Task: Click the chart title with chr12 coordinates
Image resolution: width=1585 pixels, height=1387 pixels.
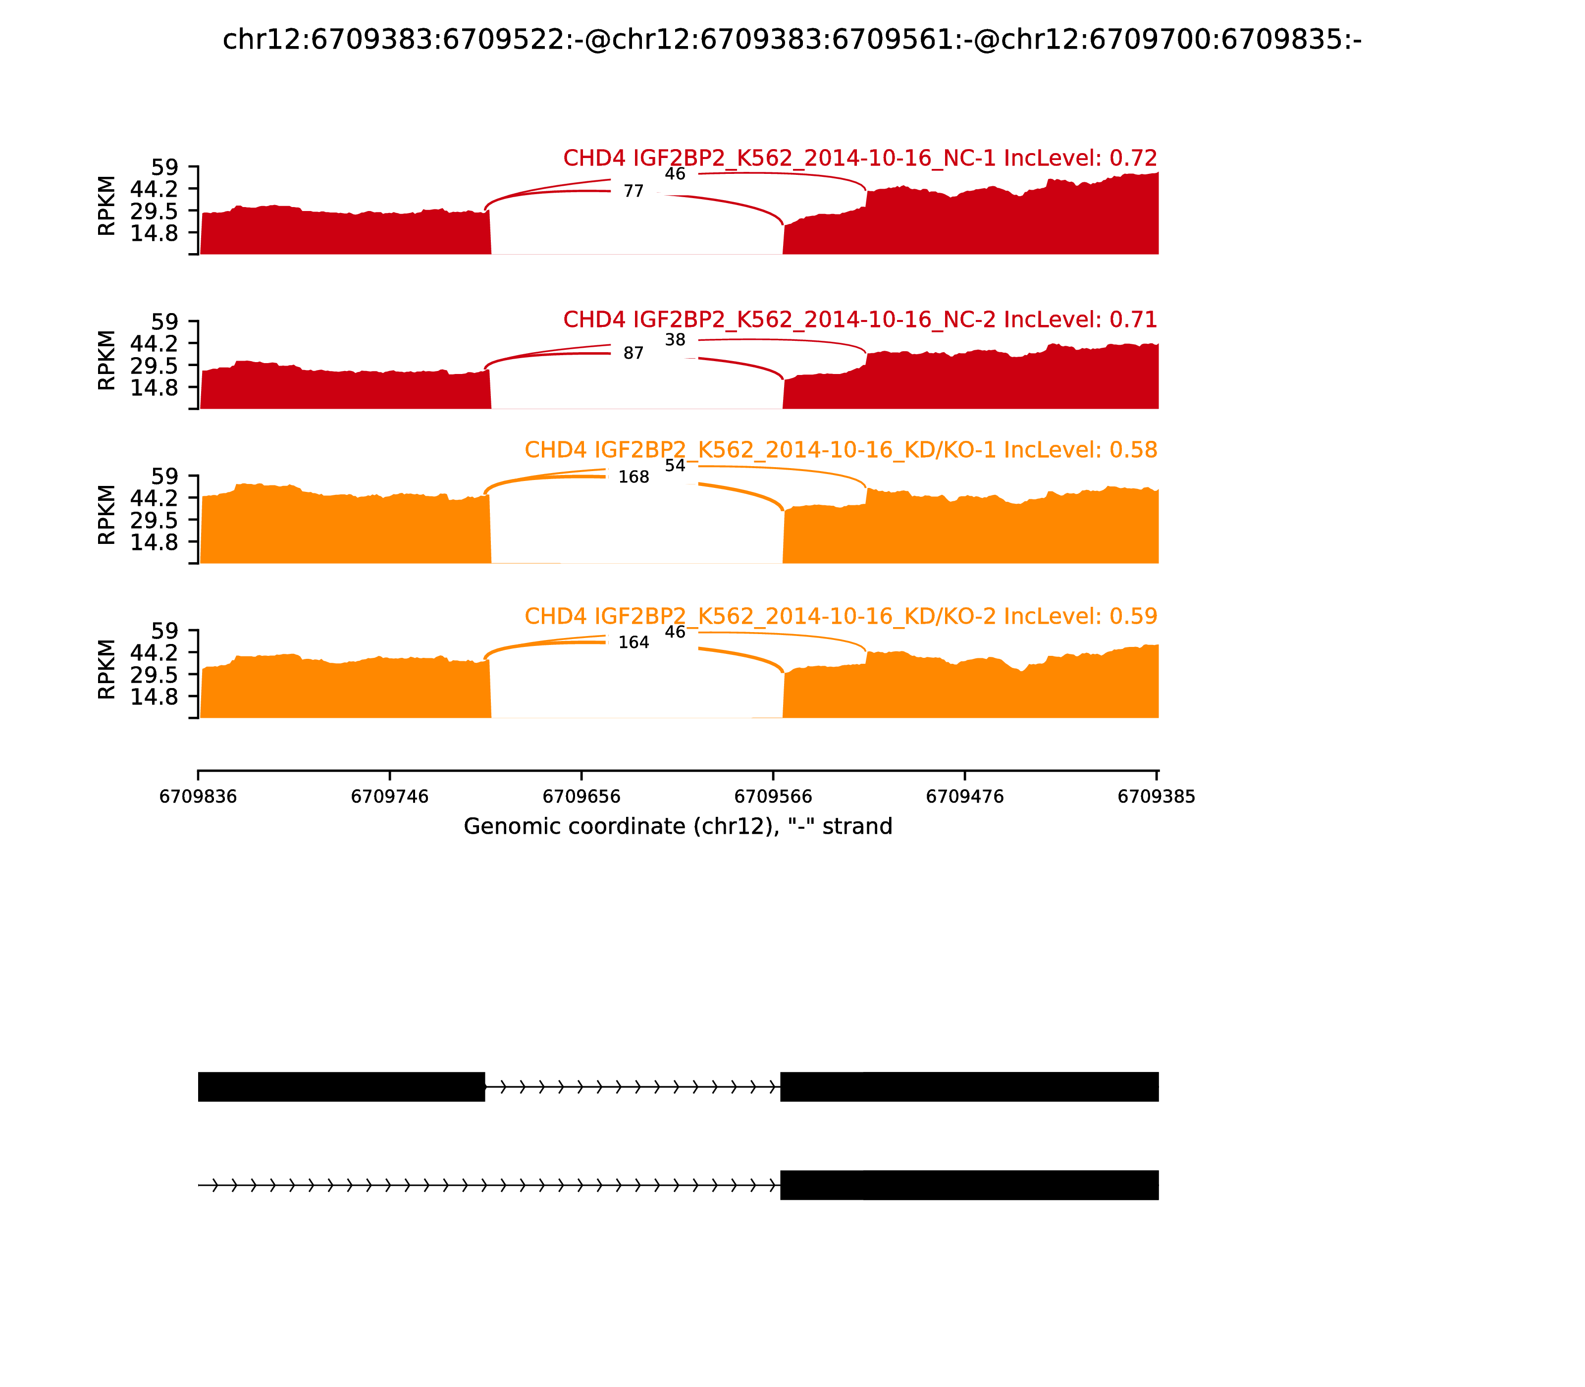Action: tap(792, 40)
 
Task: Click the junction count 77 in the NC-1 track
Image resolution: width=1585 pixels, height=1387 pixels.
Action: tap(633, 191)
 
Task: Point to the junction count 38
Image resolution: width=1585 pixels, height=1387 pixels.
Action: tap(675, 340)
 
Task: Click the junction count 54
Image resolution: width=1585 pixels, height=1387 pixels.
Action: tap(675, 465)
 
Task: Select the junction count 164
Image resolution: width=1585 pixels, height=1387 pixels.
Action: tap(633, 642)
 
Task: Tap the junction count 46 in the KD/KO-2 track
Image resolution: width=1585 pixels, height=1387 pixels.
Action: tap(675, 632)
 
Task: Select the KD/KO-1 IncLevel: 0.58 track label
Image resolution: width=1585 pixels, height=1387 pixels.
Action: tap(841, 450)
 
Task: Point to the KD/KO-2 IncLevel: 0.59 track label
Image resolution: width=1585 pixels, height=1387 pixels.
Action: tap(841, 616)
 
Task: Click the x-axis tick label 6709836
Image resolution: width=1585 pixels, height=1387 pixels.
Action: tap(198, 797)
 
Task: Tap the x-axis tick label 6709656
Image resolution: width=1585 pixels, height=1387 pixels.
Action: tap(581, 797)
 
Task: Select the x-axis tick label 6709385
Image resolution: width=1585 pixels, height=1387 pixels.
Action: tap(1156, 797)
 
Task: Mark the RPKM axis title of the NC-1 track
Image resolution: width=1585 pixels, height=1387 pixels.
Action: tap(107, 206)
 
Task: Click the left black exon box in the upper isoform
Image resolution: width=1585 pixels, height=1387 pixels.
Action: tap(341, 1087)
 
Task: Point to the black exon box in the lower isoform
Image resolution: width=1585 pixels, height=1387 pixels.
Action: tap(969, 1185)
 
